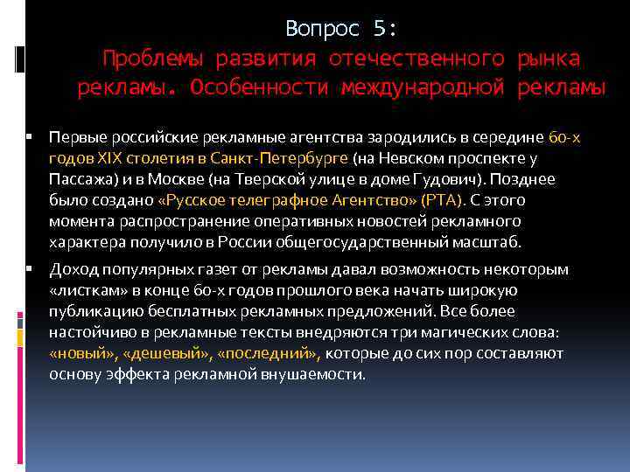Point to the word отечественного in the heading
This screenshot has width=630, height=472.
point(416,59)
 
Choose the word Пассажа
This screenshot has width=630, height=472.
point(79,179)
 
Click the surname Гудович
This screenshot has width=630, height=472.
point(455,179)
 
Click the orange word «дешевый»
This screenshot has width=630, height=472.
point(183,353)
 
